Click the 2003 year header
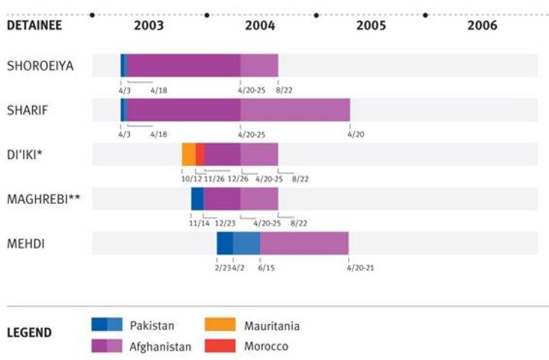(149, 26)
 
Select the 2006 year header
(482, 26)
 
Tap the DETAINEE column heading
(34, 26)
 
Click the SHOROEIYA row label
(40, 66)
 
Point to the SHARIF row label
(27, 110)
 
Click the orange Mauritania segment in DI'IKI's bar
(189, 154)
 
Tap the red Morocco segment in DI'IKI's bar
(200, 154)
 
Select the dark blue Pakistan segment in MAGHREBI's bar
(197, 199)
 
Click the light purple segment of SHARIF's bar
(295, 110)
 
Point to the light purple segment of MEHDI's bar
(304, 243)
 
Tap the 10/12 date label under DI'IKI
(192, 179)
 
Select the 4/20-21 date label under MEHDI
(360, 268)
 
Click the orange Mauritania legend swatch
(220, 325)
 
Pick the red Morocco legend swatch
(220, 346)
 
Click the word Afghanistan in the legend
(161, 347)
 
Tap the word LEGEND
(29, 333)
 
